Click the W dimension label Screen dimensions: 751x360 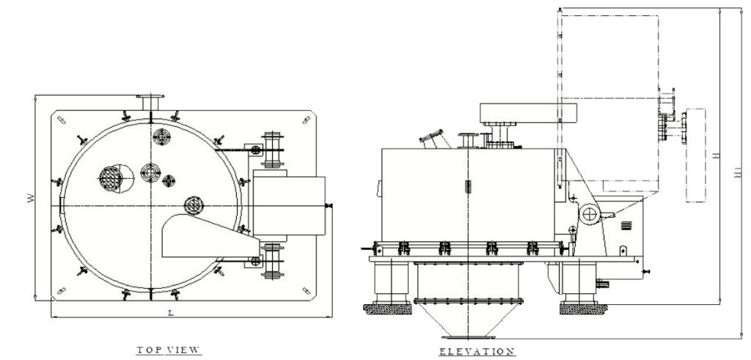(31, 198)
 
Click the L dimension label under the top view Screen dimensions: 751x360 (171, 312)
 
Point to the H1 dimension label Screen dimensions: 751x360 (738, 172)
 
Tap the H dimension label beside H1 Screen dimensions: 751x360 (716, 155)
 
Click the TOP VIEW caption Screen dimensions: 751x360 (168, 350)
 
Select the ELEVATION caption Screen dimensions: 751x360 (477, 352)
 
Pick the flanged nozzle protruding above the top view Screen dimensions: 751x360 (151, 102)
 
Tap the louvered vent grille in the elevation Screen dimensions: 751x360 (626, 225)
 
